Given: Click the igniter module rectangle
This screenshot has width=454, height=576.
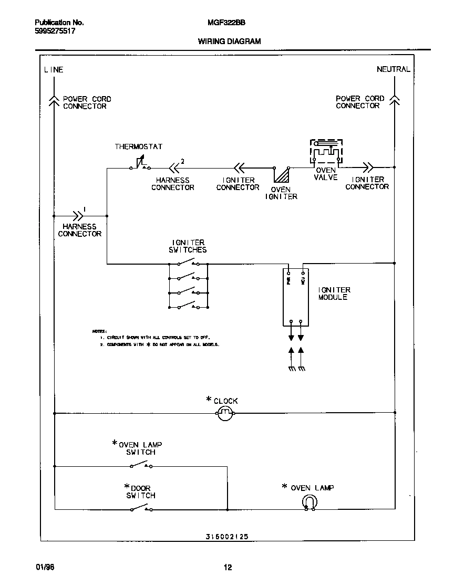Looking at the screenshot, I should (296, 298).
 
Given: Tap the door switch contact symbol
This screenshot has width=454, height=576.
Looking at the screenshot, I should (141, 508).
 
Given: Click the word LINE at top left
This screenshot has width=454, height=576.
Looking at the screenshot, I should (54, 69).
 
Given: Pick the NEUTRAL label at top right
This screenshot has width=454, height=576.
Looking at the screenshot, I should (393, 69).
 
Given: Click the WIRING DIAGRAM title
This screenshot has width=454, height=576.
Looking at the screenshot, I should (229, 41).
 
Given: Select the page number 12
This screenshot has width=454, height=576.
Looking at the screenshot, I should (228, 567).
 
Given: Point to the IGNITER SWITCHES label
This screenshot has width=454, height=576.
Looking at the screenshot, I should (188, 246).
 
